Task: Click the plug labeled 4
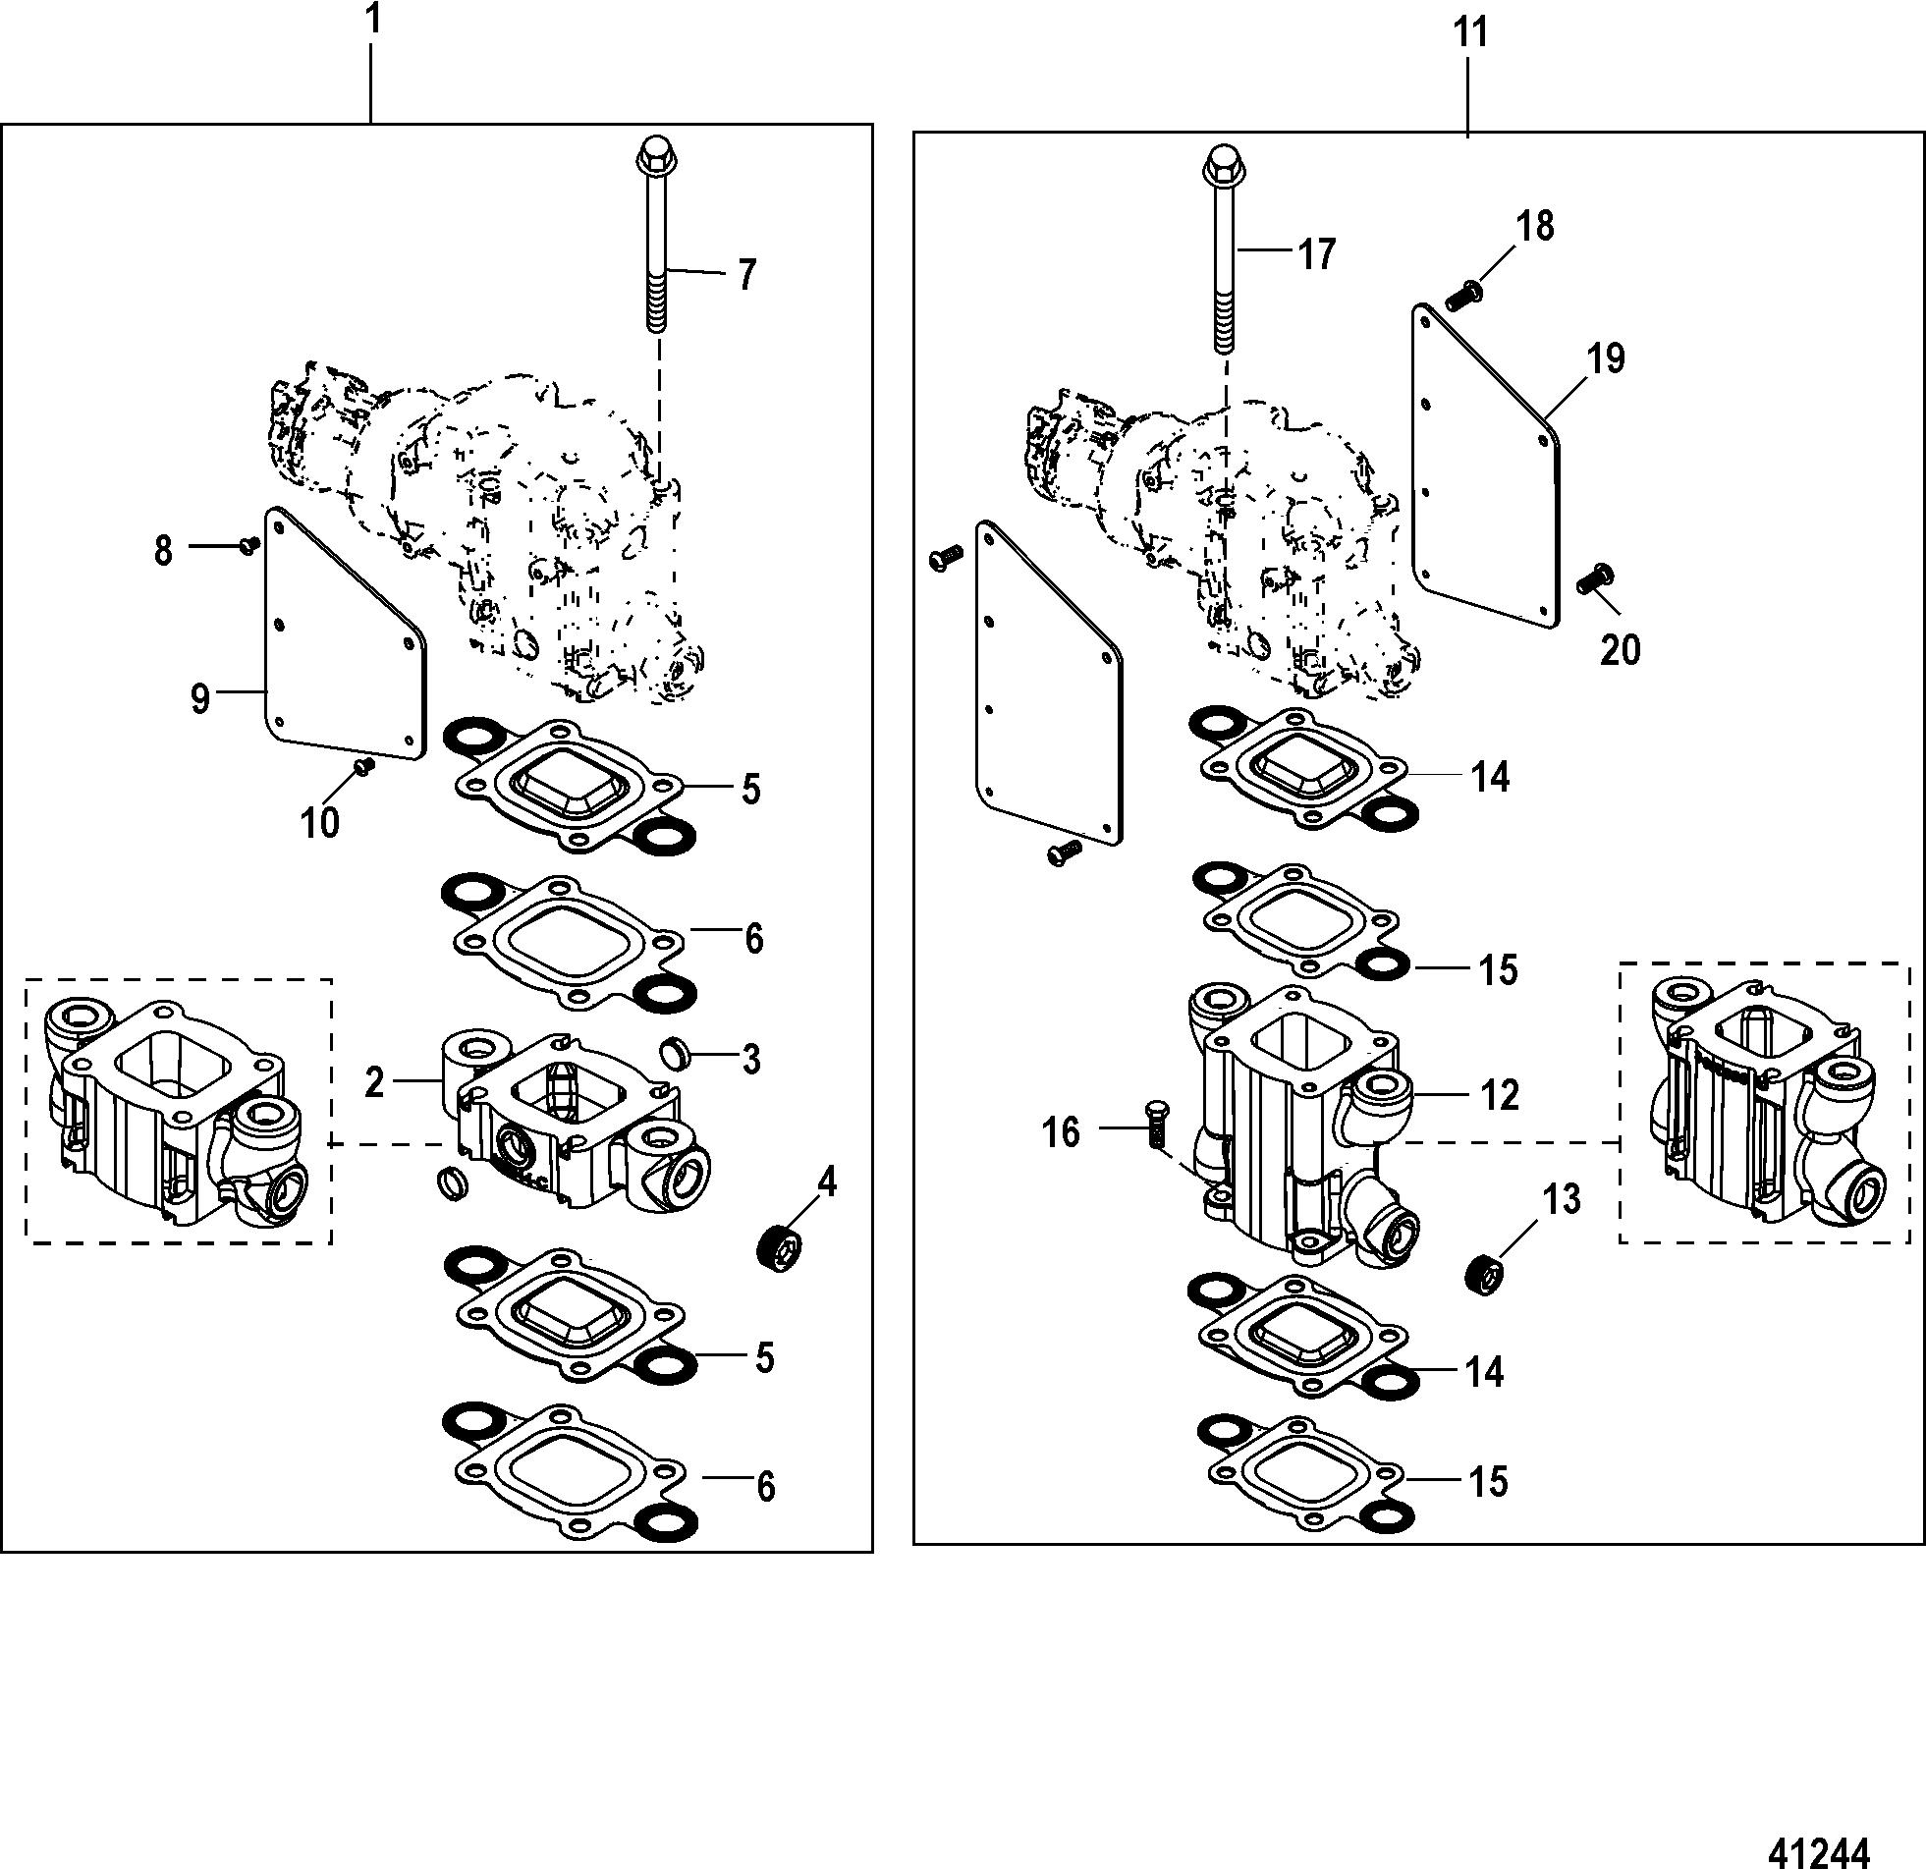point(779,1247)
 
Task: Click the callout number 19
point(1607,357)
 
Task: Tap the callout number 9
point(200,699)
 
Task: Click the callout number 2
point(374,1082)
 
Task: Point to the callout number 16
point(1062,1133)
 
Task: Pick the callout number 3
point(750,1061)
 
